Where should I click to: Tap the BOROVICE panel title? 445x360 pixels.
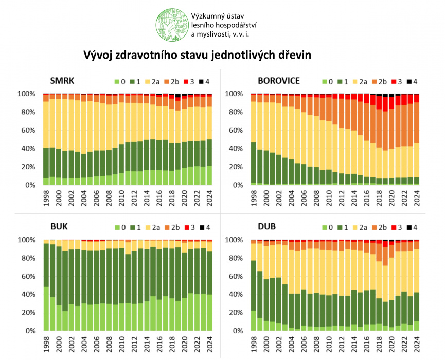[x=279, y=81]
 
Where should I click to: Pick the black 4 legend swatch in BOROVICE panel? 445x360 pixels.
[x=409, y=82]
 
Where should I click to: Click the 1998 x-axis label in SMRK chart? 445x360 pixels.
[x=46, y=198]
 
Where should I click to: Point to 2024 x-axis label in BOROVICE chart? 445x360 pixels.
[x=416, y=198]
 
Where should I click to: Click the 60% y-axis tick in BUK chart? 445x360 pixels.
[x=27, y=276]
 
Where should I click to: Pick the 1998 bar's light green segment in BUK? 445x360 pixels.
[x=46, y=309]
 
